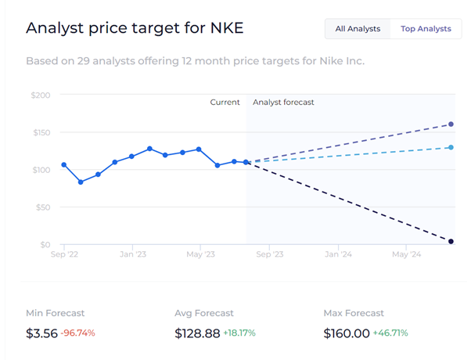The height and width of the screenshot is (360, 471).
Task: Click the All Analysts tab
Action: [x=358, y=29]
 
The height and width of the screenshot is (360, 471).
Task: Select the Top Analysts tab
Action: [x=426, y=29]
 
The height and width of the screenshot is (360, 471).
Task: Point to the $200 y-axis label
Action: [x=39, y=95]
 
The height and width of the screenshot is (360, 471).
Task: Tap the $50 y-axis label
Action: [x=42, y=207]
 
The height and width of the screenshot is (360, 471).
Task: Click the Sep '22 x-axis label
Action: [x=63, y=254]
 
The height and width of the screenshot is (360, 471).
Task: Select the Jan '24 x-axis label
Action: [x=337, y=254]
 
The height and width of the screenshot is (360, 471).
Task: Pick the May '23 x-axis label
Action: [x=200, y=254]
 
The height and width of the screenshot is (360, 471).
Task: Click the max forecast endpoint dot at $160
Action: [x=451, y=124]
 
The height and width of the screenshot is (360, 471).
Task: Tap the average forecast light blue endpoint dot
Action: [x=451, y=147]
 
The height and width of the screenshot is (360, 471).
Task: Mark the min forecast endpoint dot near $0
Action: [x=451, y=242]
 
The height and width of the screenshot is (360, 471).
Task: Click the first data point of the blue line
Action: [x=64, y=164]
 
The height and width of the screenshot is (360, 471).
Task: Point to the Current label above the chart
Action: [x=225, y=103]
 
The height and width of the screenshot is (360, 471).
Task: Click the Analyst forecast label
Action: [x=283, y=103]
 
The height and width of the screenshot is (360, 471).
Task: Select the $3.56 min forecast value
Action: [x=41, y=333]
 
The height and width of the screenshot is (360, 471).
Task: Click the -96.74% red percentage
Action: [x=77, y=333]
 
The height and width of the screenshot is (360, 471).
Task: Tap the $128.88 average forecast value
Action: [x=196, y=333]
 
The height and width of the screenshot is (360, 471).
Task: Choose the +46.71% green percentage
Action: [x=390, y=333]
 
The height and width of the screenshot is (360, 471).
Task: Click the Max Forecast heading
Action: [x=354, y=313]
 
